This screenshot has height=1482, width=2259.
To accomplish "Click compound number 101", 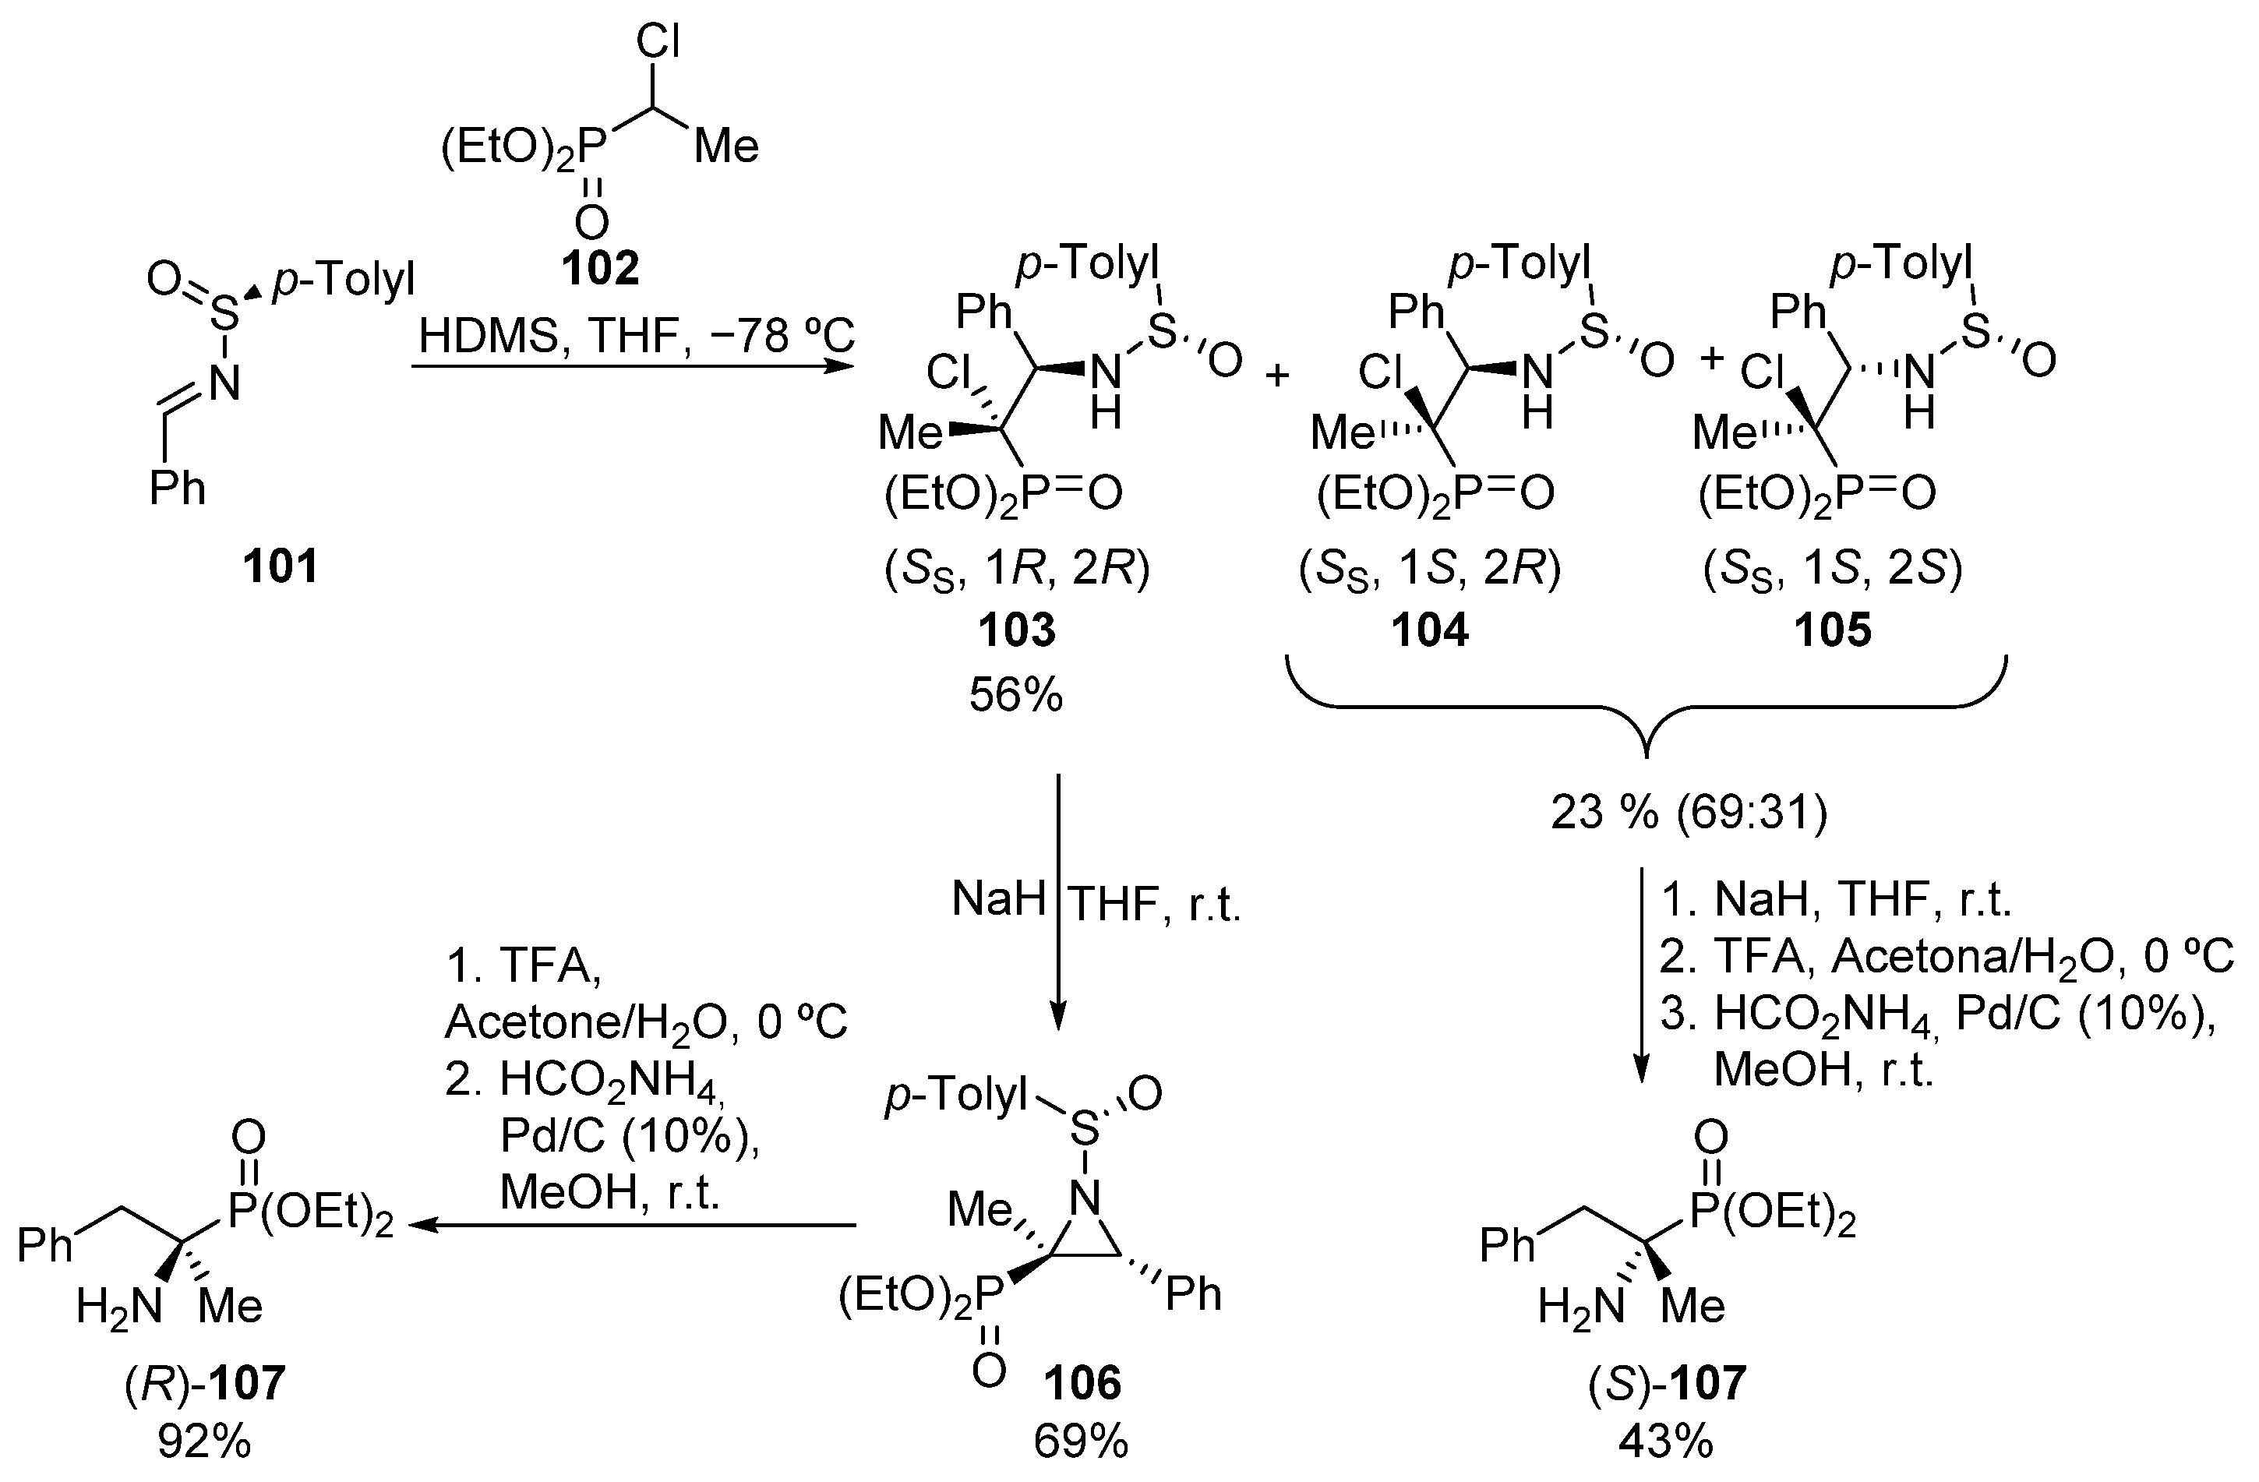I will click(280, 566).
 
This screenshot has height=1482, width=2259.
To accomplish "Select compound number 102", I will click(600, 268).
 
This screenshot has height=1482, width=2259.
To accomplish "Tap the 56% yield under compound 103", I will click(1015, 695).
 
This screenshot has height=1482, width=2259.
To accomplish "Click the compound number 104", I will click(1429, 630).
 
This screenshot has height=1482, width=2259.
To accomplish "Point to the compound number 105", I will click(1832, 630).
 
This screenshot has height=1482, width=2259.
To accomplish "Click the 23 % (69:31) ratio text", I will click(1689, 813).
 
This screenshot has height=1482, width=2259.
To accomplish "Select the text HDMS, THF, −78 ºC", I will click(636, 336).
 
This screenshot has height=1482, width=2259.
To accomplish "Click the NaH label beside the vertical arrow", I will click(998, 898).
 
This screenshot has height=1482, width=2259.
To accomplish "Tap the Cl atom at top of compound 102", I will click(658, 42).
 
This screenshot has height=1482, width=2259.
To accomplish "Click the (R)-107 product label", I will click(205, 1383).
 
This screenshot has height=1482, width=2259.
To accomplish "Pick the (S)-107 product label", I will click(1667, 1383).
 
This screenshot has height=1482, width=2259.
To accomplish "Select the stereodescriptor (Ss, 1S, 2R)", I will click(1429, 570).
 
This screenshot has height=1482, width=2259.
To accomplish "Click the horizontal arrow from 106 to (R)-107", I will click(636, 1226).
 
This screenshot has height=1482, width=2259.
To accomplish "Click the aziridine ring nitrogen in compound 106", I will click(1084, 1199).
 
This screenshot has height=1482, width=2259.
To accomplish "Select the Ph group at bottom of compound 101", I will click(178, 489).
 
